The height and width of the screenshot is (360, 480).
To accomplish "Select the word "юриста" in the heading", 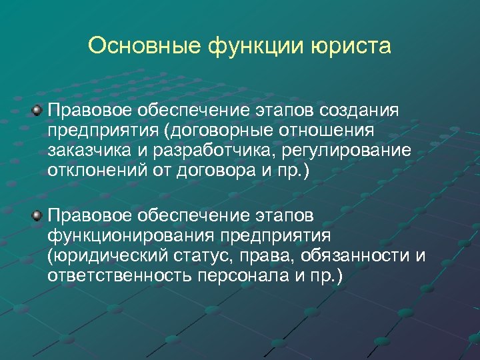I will point(351,46).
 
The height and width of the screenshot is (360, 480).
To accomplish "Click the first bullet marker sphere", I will point(37,109).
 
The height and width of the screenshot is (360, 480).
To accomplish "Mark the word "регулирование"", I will point(349,149).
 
